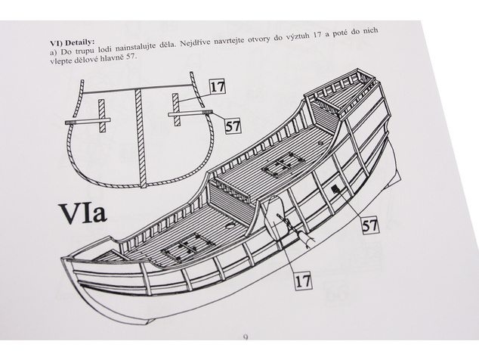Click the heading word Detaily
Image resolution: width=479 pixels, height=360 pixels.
pos(80,42)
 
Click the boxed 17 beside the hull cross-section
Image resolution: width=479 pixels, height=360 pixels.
pos(217,86)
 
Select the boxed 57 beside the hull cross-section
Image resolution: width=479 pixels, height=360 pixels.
pos(233,126)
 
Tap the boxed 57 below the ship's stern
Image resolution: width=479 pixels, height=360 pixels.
pos(370,225)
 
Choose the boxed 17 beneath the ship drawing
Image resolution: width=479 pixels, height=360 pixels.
pos(304,281)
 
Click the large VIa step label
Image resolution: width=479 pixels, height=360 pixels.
pos(83,214)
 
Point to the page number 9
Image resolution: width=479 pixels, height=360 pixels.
pos(246,337)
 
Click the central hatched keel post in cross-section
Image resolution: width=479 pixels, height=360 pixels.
pos(140,138)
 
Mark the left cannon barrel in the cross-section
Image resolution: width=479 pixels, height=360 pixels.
pos(88,122)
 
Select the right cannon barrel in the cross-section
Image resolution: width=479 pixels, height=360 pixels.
pos(190,113)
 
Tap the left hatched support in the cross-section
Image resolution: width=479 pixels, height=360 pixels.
pos(102,116)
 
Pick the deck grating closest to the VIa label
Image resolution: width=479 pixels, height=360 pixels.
pos(187,247)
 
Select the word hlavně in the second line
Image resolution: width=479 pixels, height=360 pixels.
pos(111,58)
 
